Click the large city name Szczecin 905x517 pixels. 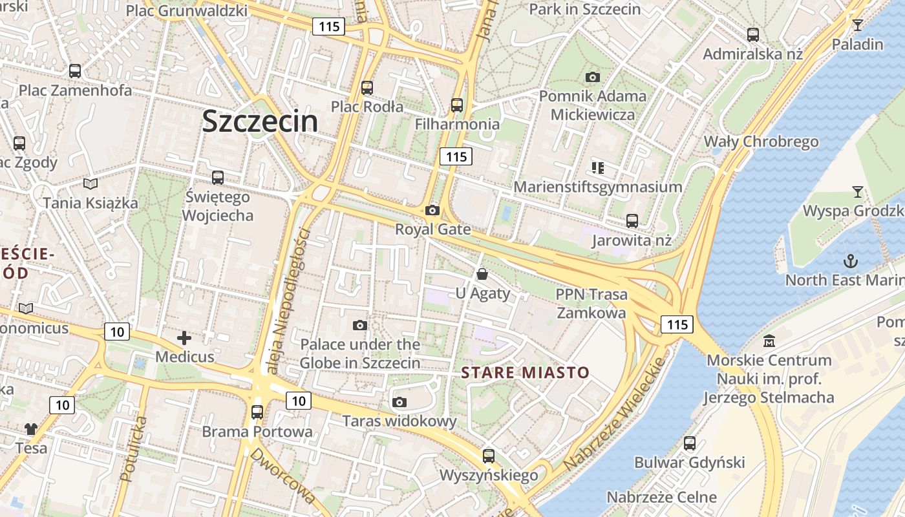coord(260,121)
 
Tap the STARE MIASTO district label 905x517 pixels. coord(525,372)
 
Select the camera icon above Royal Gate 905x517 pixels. coord(432,210)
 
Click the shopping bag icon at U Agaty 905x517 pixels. coord(482,274)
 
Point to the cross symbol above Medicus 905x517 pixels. coord(184,337)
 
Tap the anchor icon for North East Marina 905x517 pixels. coord(851,261)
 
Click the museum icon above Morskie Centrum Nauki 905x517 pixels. coord(769,341)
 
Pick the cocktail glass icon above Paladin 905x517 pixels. coord(857,25)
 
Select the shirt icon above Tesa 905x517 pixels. coord(31,428)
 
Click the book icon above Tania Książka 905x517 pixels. coord(90,184)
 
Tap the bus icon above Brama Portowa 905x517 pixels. coord(257,412)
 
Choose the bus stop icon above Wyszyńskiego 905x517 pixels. coord(489,456)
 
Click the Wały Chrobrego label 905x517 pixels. coord(761,142)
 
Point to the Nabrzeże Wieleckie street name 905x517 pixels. coord(615,414)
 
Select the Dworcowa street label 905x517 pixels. coord(282,476)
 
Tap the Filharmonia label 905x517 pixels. coord(457,123)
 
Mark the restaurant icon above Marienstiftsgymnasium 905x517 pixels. coord(597,168)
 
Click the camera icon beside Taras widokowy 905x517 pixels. coord(399,402)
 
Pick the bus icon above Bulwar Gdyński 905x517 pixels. coord(690,443)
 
